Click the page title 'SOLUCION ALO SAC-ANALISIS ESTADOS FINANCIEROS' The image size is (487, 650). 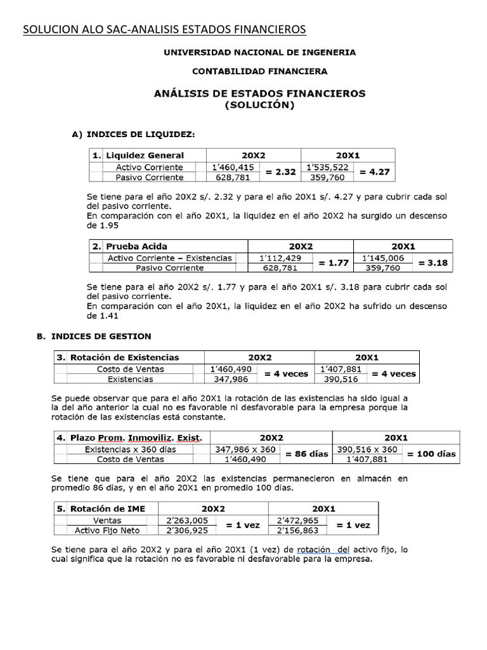[164, 29]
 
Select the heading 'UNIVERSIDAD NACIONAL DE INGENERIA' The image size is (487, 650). [260, 52]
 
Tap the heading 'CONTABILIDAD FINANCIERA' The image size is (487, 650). [260, 71]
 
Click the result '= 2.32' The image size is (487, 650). [279, 172]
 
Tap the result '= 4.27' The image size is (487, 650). [374, 172]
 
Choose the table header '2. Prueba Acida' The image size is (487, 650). [136, 246]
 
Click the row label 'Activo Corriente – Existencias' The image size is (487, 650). [170, 258]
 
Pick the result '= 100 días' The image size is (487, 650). [431, 454]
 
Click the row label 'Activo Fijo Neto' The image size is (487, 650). [105, 530]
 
